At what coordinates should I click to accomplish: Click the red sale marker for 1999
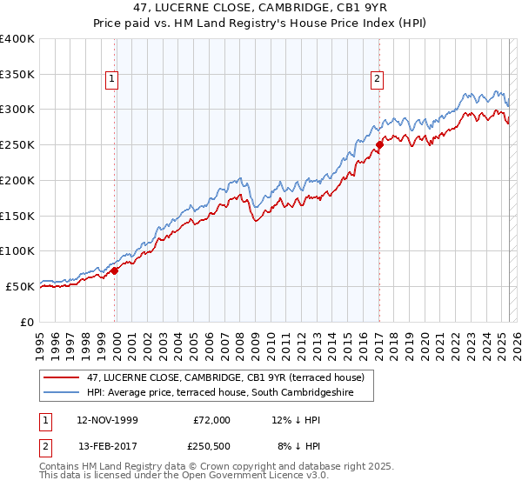click(115, 270)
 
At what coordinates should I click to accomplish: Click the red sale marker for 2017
click(379, 145)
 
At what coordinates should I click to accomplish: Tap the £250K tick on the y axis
click(17, 144)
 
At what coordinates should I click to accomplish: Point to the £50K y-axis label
click(20, 286)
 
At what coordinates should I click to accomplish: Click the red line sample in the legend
click(62, 377)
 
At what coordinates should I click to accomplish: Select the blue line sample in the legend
click(62, 392)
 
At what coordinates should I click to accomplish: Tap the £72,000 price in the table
click(211, 420)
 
